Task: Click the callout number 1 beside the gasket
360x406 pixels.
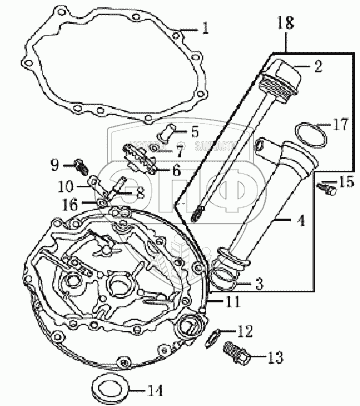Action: point(205,28)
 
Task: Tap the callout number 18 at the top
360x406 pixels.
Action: point(286,23)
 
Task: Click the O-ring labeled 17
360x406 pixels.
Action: point(310,135)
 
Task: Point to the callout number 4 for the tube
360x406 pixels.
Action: point(301,221)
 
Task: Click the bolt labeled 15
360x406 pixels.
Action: point(327,188)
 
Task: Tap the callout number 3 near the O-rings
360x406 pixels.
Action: point(259,284)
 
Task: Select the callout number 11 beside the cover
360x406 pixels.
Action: point(232,302)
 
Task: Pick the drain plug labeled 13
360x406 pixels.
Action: point(236,354)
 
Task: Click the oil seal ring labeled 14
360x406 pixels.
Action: point(110,387)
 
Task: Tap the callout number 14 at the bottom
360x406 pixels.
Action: point(155,391)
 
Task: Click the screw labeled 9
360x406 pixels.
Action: point(80,166)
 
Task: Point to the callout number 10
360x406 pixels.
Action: point(65,187)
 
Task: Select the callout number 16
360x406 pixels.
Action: point(71,204)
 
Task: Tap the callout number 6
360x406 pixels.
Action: point(176,171)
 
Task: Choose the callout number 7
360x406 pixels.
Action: point(179,152)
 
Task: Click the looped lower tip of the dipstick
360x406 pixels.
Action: point(197,213)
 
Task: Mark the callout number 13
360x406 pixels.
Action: point(275,358)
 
